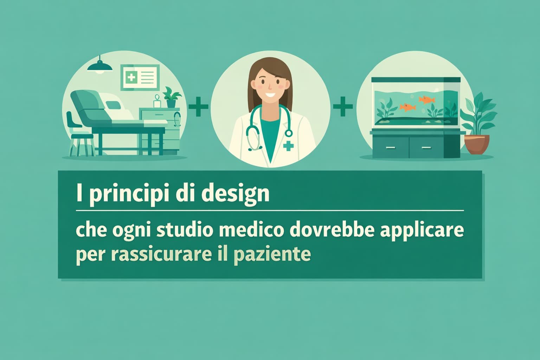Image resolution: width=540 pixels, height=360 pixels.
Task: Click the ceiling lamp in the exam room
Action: pos(100,67)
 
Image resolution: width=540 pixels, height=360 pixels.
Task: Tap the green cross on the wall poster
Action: pos(130,77)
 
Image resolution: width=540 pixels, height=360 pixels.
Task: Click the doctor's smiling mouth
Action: pos(270,95)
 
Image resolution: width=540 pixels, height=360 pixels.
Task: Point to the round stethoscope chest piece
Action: pos(289,133)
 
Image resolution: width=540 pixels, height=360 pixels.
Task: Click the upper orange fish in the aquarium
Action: pos(426,99)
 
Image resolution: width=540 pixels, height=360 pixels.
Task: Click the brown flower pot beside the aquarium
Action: pos(477,144)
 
